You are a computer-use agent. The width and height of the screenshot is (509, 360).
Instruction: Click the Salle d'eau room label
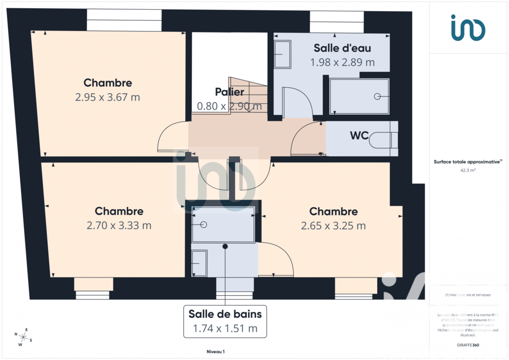pos(342,48)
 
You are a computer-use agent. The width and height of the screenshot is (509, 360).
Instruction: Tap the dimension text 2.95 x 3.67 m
pos(107,97)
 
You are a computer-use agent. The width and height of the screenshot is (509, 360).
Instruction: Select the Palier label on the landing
pos(229,92)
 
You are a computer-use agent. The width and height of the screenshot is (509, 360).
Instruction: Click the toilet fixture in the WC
pos(382,139)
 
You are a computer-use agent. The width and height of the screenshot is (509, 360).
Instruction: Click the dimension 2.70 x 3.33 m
pos(119,225)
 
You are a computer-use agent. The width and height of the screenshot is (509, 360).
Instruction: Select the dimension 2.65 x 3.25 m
pos(333,226)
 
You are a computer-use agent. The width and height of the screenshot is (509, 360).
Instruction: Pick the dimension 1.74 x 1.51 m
pos(225,328)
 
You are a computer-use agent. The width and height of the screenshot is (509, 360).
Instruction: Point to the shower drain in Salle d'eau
pos(377,96)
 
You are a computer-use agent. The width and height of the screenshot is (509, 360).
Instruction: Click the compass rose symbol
pos(23,337)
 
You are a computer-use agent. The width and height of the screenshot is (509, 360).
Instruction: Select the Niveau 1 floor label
pos(215,351)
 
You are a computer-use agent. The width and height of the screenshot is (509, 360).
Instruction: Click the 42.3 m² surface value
pos(468,171)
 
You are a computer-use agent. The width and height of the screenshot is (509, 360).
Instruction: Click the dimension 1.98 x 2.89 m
pos(342,62)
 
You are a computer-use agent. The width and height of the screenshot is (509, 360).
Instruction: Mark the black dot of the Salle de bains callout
pos(225,246)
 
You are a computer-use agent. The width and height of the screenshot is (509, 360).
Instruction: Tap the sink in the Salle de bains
pos(199,263)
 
